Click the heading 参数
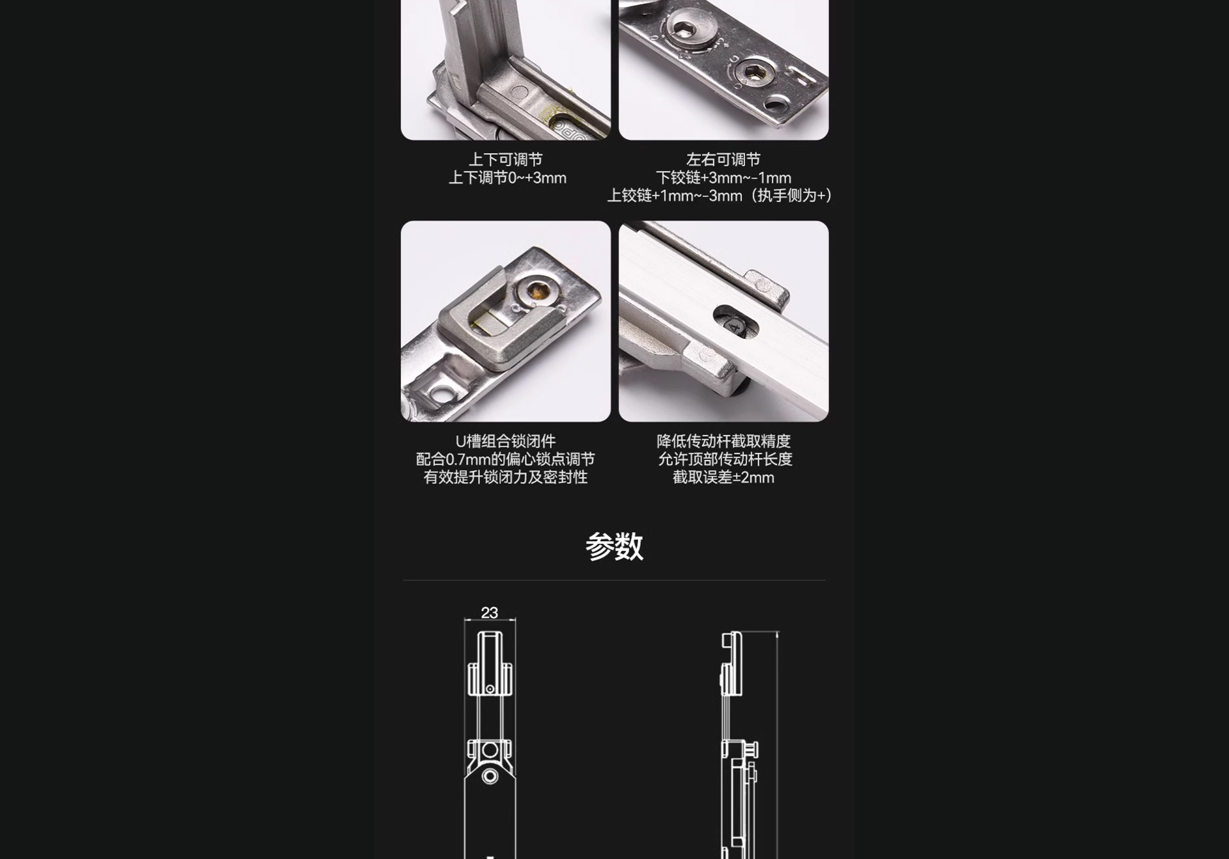pyautogui.click(x=614, y=547)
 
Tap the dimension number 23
pyautogui.click(x=489, y=613)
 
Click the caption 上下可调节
pyautogui.click(x=505, y=159)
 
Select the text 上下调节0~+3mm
pyautogui.click(x=507, y=178)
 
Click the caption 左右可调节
pyautogui.click(x=723, y=159)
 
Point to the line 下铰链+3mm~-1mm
pyautogui.click(x=723, y=178)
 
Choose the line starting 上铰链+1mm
pyautogui.click(x=719, y=196)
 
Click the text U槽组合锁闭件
pyautogui.click(x=505, y=441)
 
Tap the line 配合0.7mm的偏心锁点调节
pyautogui.click(x=505, y=459)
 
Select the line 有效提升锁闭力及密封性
pyautogui.click(x=505, y=477)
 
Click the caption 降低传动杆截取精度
pyautogui.click(x=723, y=441)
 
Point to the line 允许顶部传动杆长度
pyautogui.click(x=725, y=459)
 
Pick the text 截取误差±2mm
pyautogui.click(x=723, y=477)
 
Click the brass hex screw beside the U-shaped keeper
pyautogui.click(x=536, y=294)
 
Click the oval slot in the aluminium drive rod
pyautogui.click(x=735, y=322)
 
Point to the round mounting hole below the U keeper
pyautogui.click(x=440, y=393)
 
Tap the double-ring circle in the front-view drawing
pyautogui.click(x=490, y=776)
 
